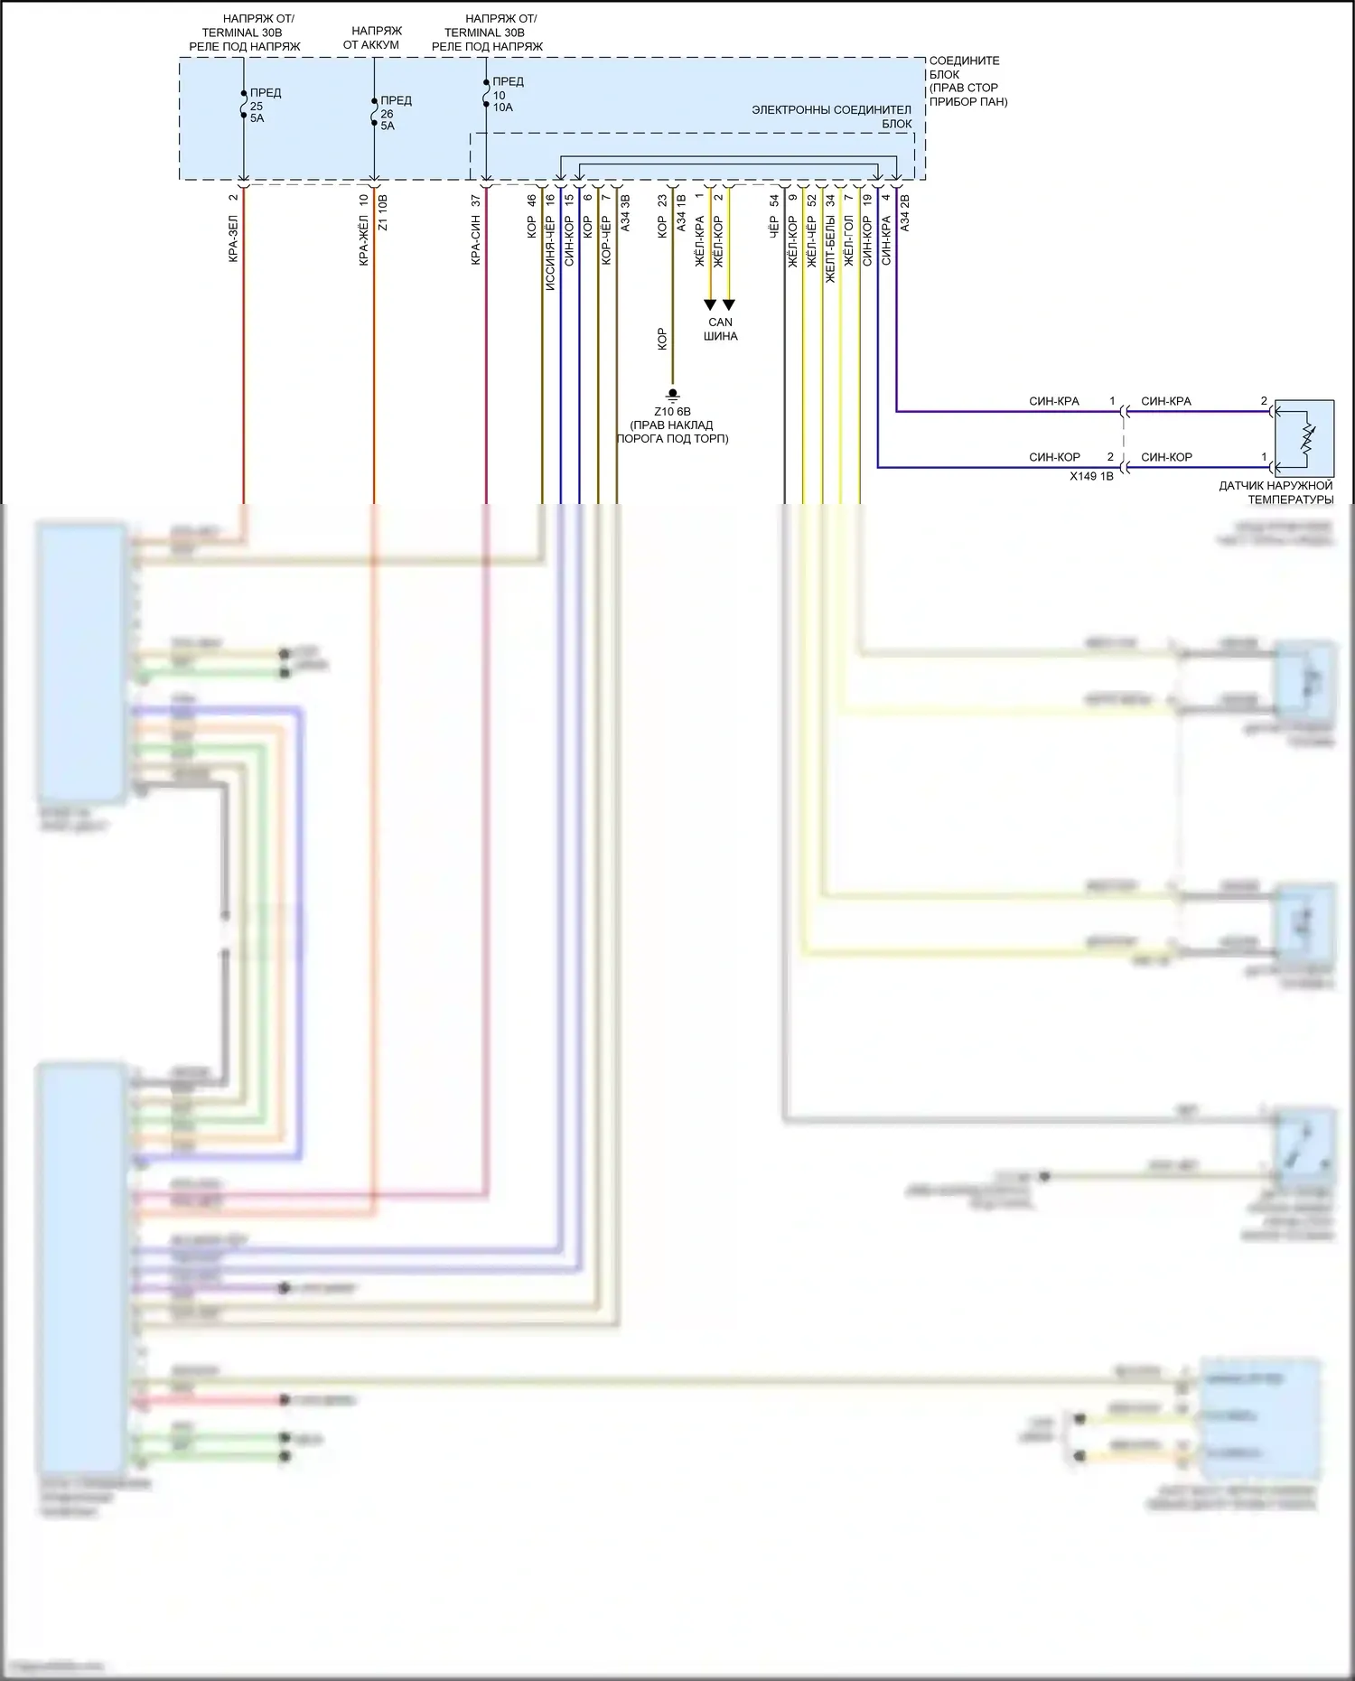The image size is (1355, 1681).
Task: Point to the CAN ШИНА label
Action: point(721,329)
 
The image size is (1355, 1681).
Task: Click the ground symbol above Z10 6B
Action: point(672,396)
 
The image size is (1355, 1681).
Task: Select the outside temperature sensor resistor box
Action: point(1304,438)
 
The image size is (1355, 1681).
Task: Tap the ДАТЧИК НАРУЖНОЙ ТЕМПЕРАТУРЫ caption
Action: point(1276,492)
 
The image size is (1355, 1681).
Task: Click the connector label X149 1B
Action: point(1091,476)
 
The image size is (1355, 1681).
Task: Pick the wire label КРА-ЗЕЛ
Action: point(233,238)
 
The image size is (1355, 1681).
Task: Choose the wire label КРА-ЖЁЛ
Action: point(364,240)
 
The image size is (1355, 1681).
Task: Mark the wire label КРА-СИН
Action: point(476,240)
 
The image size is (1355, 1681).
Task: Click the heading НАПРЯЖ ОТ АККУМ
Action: point(371,38)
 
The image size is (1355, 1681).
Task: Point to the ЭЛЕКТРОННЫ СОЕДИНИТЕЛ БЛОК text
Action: point(832,117)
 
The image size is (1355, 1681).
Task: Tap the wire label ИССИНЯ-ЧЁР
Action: point(550,254)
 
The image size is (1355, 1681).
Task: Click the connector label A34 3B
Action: point(625,213)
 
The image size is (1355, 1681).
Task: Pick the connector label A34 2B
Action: point(905,213)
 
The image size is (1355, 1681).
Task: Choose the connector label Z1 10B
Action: point(382,213)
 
